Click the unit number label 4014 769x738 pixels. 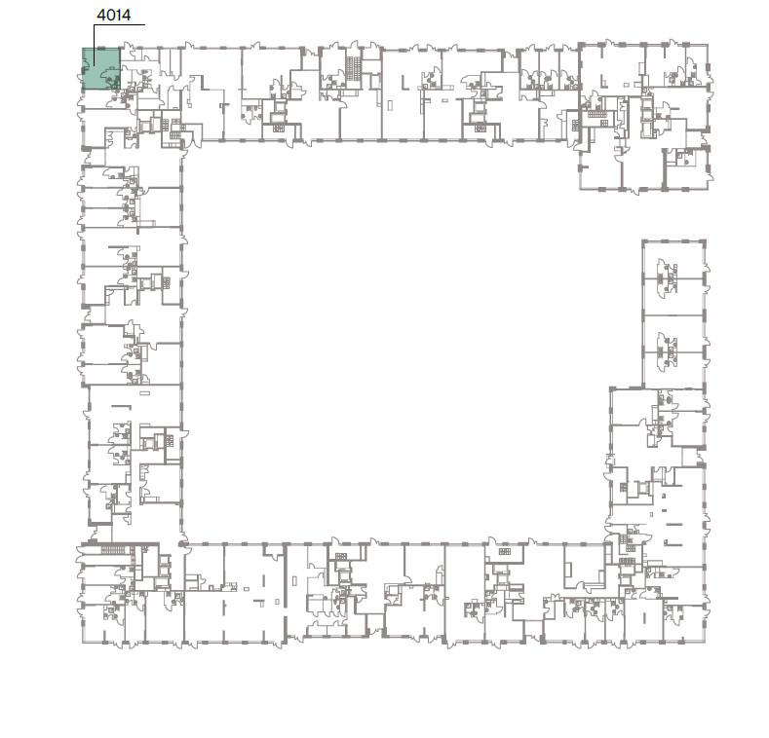click(x=114, y=16)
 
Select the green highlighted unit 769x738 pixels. click(x=101, y=68)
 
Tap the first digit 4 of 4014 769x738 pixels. click(x=101, y=16)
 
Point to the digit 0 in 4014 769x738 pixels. click(x=110, y=16)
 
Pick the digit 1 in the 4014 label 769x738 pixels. click(x=118, y=16)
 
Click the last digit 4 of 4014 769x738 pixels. click(x=126, y=16)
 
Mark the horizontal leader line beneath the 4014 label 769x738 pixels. click(x=119, y=24)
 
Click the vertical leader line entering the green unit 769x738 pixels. click(x=95, y=45)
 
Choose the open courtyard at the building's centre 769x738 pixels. click(x=393, y=343)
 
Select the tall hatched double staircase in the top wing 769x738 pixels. click(x=353, y=68)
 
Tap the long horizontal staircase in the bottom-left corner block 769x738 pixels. click(x=114, y=550)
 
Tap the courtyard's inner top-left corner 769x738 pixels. click(x=183, y=141)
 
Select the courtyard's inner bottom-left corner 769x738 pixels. click(x=183, y=543)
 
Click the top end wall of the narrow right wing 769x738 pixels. click(x=674, y=241)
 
